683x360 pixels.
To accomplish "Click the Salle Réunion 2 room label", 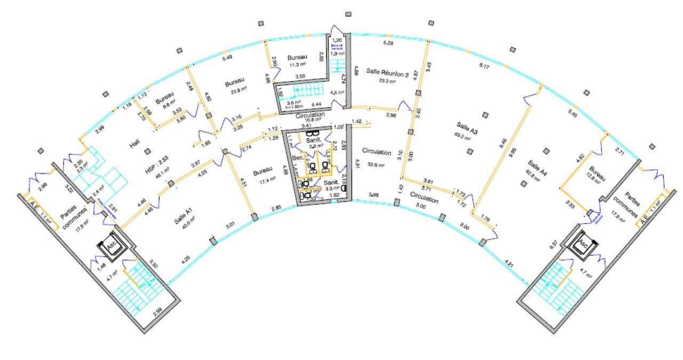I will click(x=387, y=75).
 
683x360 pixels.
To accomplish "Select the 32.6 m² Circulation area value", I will click(x=374, y=165).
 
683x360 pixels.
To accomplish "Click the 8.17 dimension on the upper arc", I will click(x=485, y=66).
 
